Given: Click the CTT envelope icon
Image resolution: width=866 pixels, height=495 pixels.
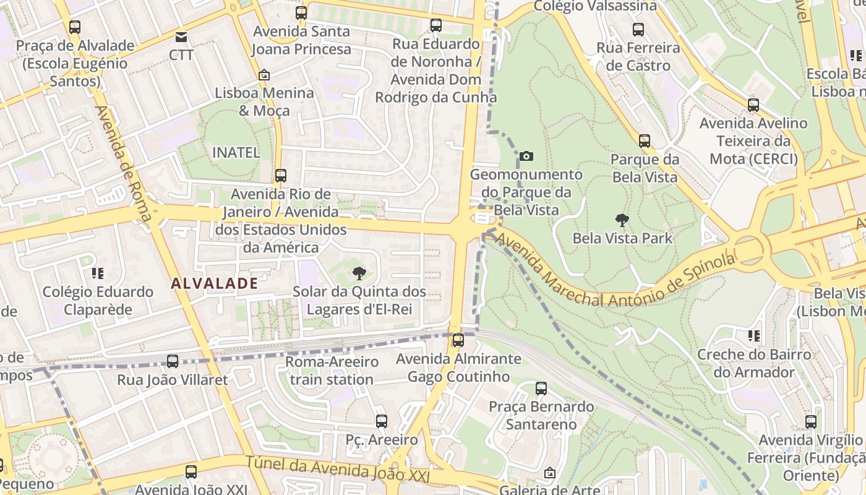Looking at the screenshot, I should [x=181, y=37].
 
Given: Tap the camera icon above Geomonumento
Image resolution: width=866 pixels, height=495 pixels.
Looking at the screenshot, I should [x=526, y=157].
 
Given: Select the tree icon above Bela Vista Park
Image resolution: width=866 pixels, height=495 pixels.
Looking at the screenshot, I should [x=622, y=220].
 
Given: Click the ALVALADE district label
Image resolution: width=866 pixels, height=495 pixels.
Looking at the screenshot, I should [x=214, y=283].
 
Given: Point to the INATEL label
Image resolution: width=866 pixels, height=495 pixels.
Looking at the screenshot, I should [x=236, y=152].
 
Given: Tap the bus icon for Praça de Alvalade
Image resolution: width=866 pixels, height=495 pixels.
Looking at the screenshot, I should [x=75, y=27].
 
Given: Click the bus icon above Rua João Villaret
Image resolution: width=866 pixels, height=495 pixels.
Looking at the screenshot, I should [x=173, y=361].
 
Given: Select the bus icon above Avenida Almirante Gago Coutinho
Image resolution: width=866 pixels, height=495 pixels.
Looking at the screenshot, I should [x=458, y=340].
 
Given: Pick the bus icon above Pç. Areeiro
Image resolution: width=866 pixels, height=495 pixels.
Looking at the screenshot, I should [x=382, y=421].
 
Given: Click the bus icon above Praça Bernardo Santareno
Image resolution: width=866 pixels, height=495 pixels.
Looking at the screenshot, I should [x=541, y=389].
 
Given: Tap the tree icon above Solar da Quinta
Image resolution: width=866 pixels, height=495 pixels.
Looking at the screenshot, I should [x=359, y=273].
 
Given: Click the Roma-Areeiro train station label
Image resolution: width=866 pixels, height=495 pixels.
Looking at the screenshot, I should [x=332, y=371].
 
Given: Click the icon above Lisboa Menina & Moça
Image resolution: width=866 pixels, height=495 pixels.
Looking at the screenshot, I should [x=264, y=75].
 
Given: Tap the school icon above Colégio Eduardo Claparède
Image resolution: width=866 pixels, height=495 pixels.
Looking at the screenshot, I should [x=98, y=273].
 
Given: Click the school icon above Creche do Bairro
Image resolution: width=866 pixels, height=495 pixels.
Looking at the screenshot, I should [x=753, y=336].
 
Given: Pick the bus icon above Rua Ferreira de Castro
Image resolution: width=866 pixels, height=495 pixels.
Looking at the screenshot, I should [x=638, y=29].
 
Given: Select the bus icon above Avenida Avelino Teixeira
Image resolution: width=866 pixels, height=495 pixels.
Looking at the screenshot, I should [x=753, y=105].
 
